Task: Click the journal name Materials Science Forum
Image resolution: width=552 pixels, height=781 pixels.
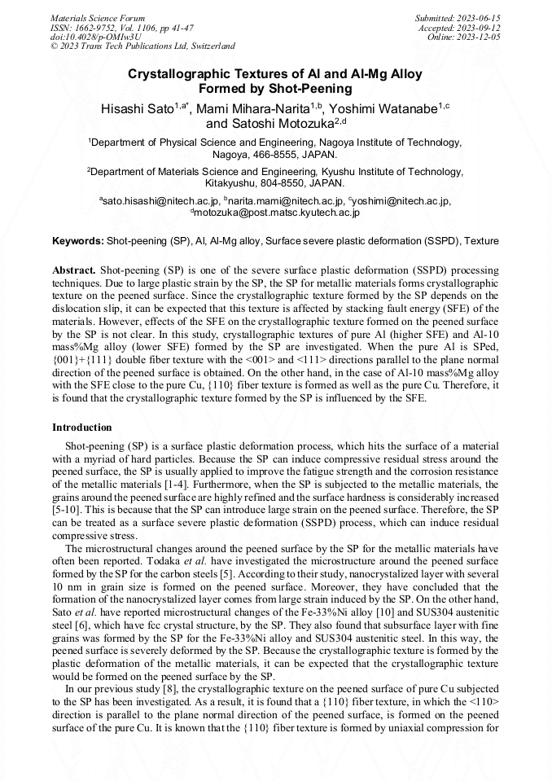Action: [x=98, y=17]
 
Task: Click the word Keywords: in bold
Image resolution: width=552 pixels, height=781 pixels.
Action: [x=78, y=242]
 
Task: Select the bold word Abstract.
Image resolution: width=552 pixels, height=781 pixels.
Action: [x=74, y=269]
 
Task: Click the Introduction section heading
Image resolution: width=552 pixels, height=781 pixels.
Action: [x=82, y=427]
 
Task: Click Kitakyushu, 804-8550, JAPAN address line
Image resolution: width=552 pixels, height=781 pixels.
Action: [x=275, y=183]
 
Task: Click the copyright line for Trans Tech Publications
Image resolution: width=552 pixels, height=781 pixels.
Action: [x=142, y=46]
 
